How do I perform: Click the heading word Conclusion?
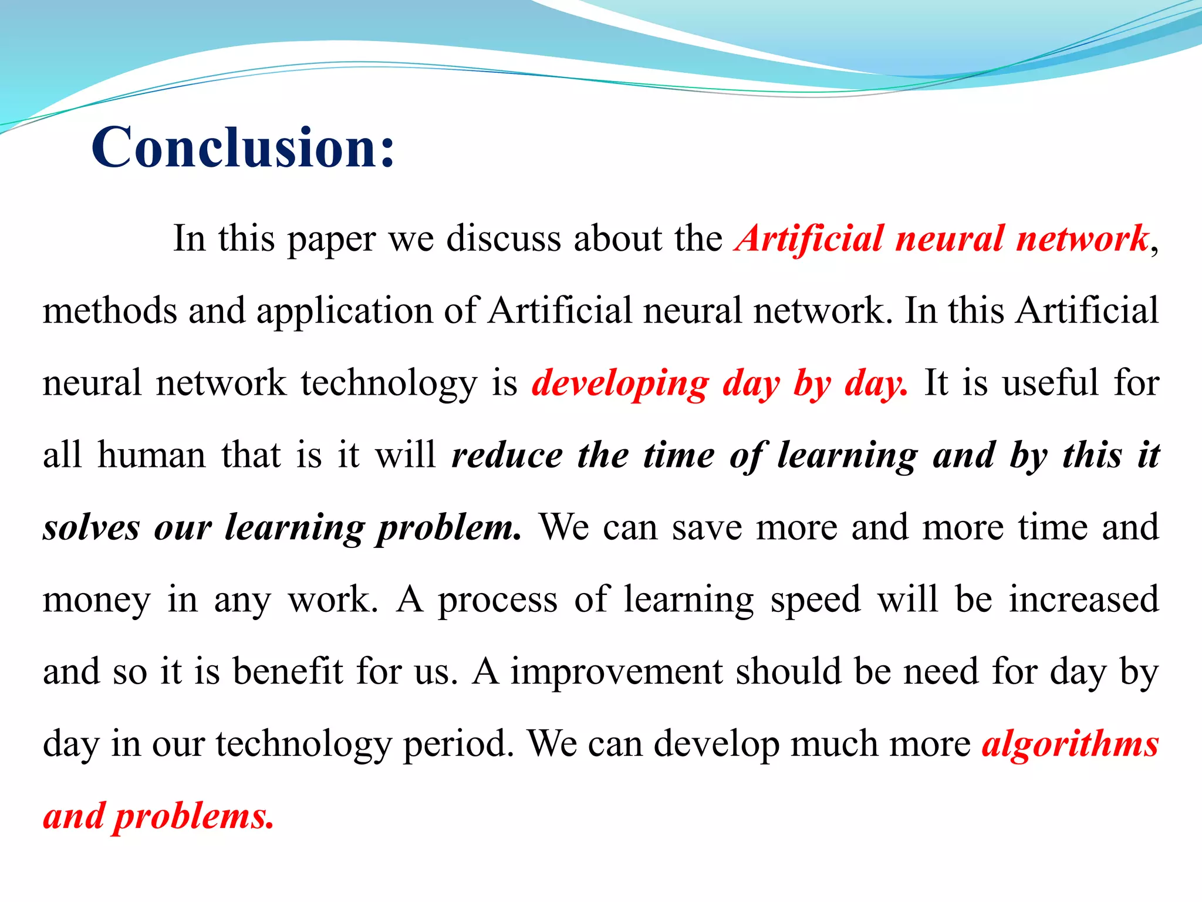(242, 147)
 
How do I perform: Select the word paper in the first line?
(331, 240)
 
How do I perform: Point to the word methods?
(110, 311)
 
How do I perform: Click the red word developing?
(620, 384)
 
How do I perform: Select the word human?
(151, 455)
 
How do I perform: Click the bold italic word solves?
(92, 527)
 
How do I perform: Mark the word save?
(707, 527)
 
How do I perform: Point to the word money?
(97, 601)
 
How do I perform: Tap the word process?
(498, 601)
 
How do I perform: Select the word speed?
(815, 600)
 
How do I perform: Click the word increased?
(1083, 600)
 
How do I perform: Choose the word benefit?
(288, 671)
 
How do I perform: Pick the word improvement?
(616, 672)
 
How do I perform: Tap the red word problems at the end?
(193, 817)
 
